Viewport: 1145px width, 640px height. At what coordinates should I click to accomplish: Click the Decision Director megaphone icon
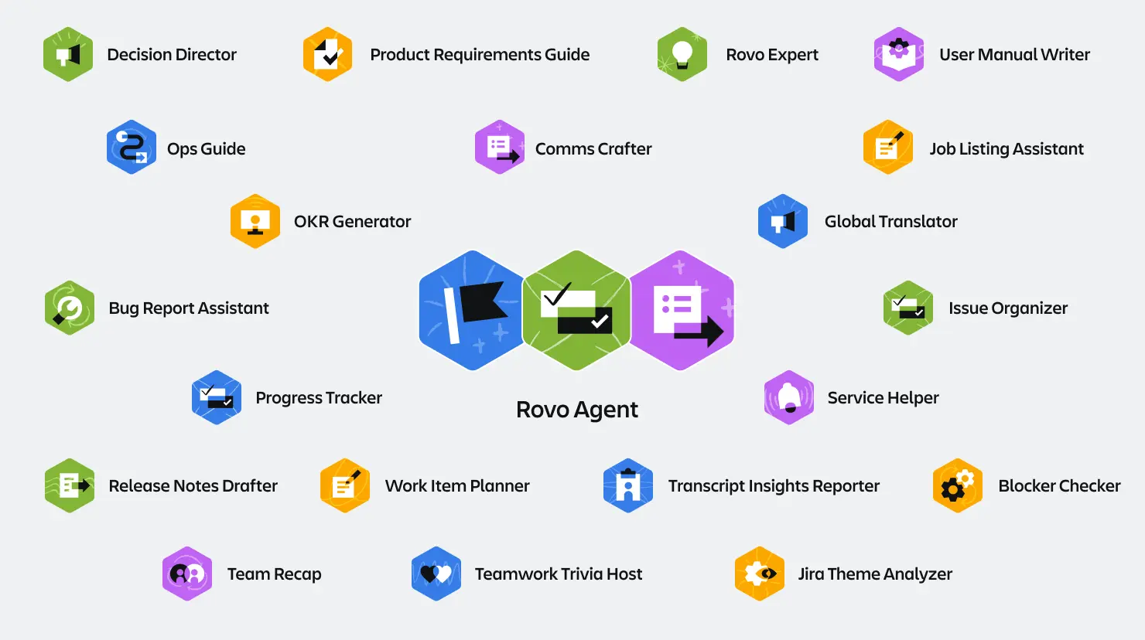tap(68, 54)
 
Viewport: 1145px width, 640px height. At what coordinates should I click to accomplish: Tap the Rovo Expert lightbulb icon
tap(682, 54)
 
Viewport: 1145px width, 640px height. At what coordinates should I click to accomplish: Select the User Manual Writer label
tap(1014, 55)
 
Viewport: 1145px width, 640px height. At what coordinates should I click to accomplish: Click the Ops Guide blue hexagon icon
tap(132, 147)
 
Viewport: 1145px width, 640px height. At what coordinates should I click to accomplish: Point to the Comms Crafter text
tap(593, 149)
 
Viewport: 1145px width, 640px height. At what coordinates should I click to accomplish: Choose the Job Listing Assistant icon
tap(888, 147)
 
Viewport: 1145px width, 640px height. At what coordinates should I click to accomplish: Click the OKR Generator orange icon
tap(255, 221)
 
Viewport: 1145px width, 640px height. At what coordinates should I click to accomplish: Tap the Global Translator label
tap(890, 222)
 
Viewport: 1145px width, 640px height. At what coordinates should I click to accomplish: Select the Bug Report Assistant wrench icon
tap(70, 308)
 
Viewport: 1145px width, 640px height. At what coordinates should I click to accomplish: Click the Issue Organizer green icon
tap(908, 308)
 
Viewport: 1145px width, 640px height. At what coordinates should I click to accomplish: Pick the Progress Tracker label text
tap(319, 398)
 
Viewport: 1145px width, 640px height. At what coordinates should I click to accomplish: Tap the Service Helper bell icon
tap(789, 397)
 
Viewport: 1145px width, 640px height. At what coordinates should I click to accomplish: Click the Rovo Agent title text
tap(577, 410)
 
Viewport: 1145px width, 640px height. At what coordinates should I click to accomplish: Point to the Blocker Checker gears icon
tap(958, 485)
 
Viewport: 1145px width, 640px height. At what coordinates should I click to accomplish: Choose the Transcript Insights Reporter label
tap(774, 486)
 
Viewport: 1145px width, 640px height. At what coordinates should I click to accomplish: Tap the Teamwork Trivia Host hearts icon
tap(436, 574)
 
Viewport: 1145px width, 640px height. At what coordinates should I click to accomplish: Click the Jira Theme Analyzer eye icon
tap(760, 574)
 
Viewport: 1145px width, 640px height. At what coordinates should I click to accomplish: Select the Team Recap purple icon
tap(187, 574)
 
